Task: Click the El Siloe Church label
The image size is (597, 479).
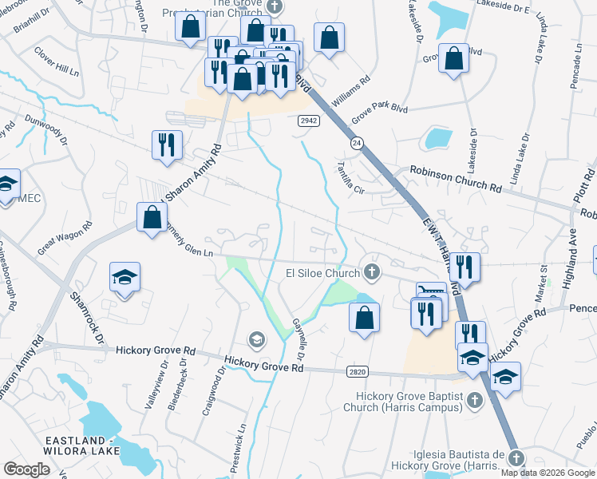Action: tap(322, 274)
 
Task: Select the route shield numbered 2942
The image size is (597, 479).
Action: tap(310, 120)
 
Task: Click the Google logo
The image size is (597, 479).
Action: tap(27, 469)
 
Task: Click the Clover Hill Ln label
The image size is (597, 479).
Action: tap(56, 62)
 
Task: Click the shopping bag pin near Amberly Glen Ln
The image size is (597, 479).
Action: tap(152, 217)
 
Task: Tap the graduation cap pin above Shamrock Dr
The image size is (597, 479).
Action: tap(125, 279)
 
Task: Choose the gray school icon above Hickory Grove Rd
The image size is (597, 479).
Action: tap(256, 340)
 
